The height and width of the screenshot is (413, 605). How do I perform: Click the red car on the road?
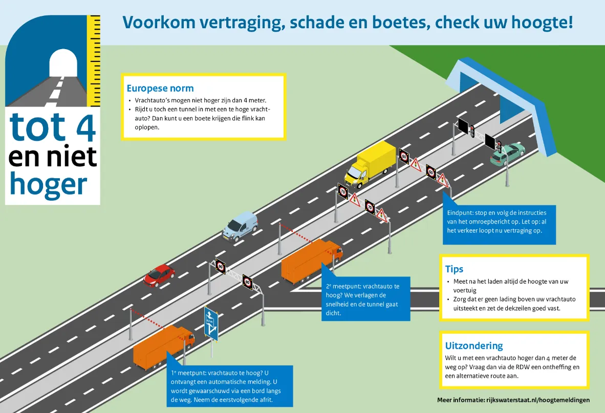coord(159,275)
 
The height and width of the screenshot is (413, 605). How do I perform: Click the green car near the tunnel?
coord(507,154)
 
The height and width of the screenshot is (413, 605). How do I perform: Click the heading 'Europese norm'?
coord(160,88)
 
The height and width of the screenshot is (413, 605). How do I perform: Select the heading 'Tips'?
coord(454,269)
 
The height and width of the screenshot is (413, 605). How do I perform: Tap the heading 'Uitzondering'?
coord(474,345)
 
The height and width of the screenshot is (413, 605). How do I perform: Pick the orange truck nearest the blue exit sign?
coord(163,346)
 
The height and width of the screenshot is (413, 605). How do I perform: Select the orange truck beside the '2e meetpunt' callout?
coord(311,260)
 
